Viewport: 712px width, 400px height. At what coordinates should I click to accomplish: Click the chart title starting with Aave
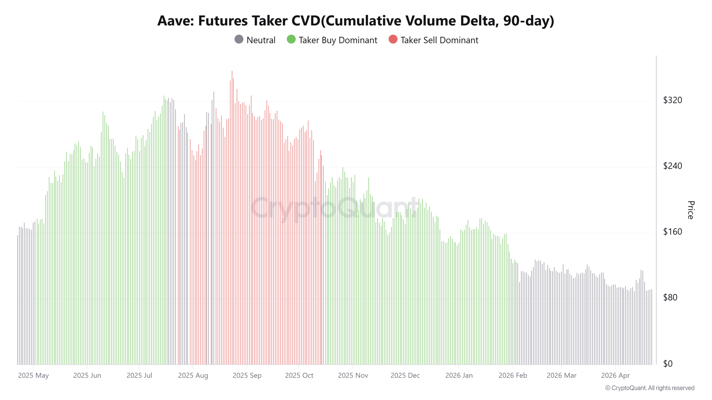tap(356, 21)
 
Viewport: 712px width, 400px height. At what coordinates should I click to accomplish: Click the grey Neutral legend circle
tap(239, 39)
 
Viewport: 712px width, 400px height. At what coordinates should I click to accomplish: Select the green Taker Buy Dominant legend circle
tap(291, 39)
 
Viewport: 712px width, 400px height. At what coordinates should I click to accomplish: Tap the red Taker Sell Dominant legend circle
tap(393, 39)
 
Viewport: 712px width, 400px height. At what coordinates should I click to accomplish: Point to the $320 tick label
tap(673, 100)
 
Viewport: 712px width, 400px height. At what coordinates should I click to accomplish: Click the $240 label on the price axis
tap(673, 166)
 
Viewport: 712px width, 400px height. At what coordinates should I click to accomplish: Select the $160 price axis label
tap(673, 232)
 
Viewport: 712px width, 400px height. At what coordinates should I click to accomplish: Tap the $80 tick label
tap(670, 297)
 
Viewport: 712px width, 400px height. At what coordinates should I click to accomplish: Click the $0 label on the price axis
tap(668, 364)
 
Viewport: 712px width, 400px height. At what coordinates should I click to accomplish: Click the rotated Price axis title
tap(691, 210)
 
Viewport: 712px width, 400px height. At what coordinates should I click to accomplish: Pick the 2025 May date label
tap(33, 376)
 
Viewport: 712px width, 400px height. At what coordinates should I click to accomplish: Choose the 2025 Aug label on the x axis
tap(193, 376)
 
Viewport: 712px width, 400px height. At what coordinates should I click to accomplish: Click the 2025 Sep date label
tap(247, 376)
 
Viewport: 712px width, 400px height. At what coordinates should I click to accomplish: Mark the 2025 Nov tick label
tap(353, 376)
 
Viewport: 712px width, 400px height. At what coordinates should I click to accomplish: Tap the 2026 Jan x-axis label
tap(459, 376)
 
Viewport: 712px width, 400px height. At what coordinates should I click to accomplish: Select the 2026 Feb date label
tap(513, 376)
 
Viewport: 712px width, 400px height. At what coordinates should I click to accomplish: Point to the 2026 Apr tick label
tap(615, 376)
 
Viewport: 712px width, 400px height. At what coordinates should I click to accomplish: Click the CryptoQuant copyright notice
tap(650, 388)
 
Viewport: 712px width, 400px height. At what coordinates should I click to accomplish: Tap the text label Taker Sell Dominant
tap(439, 40)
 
